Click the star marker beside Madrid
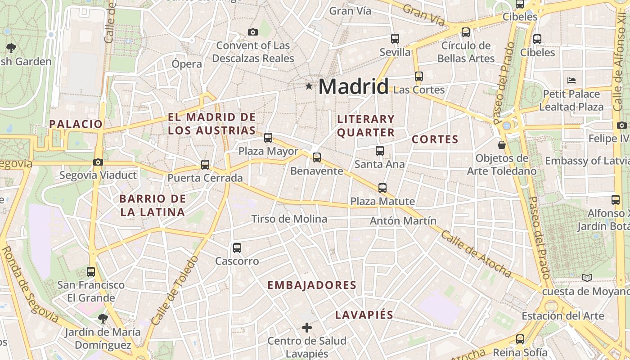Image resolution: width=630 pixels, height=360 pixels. pyautogui.click(x=309, y=86)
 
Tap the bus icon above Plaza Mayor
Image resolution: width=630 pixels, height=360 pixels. pyautogui.click(x=268, y=138)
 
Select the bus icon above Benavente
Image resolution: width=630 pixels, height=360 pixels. pyautogui.click(x=317, y=157)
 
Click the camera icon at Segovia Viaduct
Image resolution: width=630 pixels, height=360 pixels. pyautogui.click(x=98, y=162)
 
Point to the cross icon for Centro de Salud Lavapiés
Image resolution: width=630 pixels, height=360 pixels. pyautogui.click(x=307, y=328)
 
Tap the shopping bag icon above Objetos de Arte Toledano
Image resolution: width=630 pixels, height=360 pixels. pyautogui.click(x=502, y=145)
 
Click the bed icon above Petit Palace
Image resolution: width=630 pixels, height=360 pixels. pyautogui.click(x=571, y=81)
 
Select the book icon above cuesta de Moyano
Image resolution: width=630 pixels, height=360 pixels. pyautogui.click(x=587, y=278)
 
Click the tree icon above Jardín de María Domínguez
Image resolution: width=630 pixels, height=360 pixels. pyautogui.click(x=103, y=319)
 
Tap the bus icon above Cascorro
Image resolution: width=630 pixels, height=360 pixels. pyautogui.click(x=237, y=248)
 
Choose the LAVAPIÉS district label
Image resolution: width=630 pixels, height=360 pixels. pyautogui.click(x=364, y=315)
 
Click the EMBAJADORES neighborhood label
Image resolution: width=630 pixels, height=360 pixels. pyautogui.click(x=312, y=285)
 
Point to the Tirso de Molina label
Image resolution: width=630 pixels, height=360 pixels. pyautogui.click(x=289, y=219)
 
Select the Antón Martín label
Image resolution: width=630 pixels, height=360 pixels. pyautogui.click(x=403, y=221)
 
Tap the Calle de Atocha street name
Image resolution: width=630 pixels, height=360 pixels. pyautogui.click(x=476, y=254)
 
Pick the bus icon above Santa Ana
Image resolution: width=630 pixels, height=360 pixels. pyautogui.click(x=380, y=151)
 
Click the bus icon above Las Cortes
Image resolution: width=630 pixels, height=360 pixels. pyautogui.click(x=419, y=76)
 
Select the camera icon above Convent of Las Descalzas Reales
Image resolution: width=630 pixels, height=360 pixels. pyautogui.click(x=253, y=32)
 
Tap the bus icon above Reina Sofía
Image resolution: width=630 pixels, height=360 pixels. pyautogui.click(x=520, y=339)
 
